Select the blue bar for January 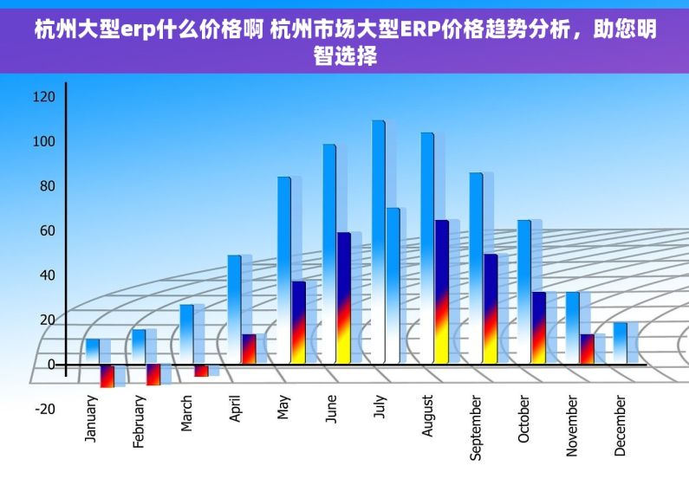tap(92, 351)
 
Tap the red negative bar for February tap(153, 374)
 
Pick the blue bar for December tap(620, 342)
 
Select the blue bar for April tap(234, 308)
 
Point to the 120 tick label tap(43, 97)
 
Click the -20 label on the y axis tap(44, 409)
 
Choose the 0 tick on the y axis tap(50, 365)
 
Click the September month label tap(475, 428)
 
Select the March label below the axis tap(187, 414)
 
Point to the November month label tap(572, 425)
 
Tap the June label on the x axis tap(331, 409)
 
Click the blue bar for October tap(523, 291)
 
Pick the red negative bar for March tap(201, 371)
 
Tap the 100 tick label tap(43, 142)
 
